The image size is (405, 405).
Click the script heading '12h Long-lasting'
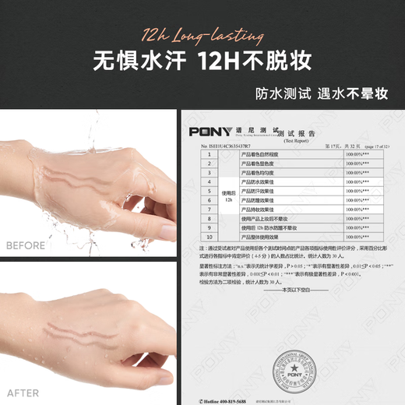pos(202,35)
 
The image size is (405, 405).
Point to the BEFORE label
pos(26,245)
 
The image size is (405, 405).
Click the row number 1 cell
pos(209,155)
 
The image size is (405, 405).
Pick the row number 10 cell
pos(209,236)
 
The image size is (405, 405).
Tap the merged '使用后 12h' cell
pos(228,195)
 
